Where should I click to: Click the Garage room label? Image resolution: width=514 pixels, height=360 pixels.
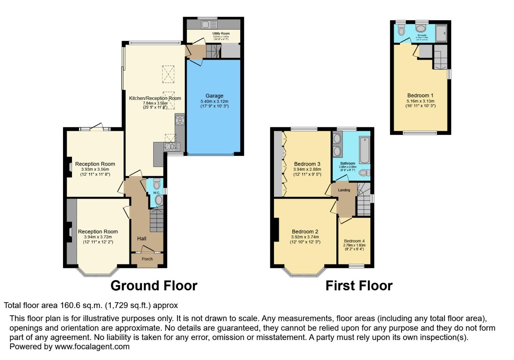click(214, 96)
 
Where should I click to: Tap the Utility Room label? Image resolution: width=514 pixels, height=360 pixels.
click(221, 33)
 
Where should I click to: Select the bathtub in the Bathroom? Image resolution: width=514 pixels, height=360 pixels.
click(364, 150)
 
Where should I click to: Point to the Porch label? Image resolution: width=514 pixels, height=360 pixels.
click(147, 259)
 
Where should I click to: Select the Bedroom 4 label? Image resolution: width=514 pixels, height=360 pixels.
click(354, 241)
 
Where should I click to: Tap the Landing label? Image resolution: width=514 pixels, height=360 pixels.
click(344, 190)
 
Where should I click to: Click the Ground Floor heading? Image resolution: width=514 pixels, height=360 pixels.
click(154, 286)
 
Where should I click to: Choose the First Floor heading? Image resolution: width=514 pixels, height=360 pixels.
click(359, 286)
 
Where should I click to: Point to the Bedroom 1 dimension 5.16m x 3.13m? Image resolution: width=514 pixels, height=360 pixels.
click(420, 101)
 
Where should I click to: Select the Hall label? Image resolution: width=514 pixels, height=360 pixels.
click(142, 239)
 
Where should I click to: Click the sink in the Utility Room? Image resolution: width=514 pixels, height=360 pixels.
click(206, 24)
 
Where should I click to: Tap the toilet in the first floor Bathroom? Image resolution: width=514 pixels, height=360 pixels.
click(366, 173)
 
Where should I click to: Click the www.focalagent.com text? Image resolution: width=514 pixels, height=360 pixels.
click(92, 347)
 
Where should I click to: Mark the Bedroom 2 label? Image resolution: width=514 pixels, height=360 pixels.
click(305, 232)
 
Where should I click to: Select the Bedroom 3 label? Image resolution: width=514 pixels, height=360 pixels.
click(307, 164)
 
